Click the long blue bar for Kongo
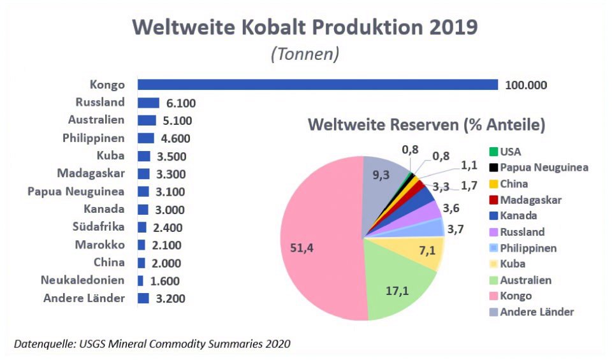coord(317,85)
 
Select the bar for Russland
coord(148,103)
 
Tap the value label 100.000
coord(525,85)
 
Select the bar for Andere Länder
coord(143,298)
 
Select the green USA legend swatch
coord(493,152)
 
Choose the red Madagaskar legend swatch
coord(493,200)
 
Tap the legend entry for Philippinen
coord(528,248)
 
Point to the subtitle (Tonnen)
coord(305,54)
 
